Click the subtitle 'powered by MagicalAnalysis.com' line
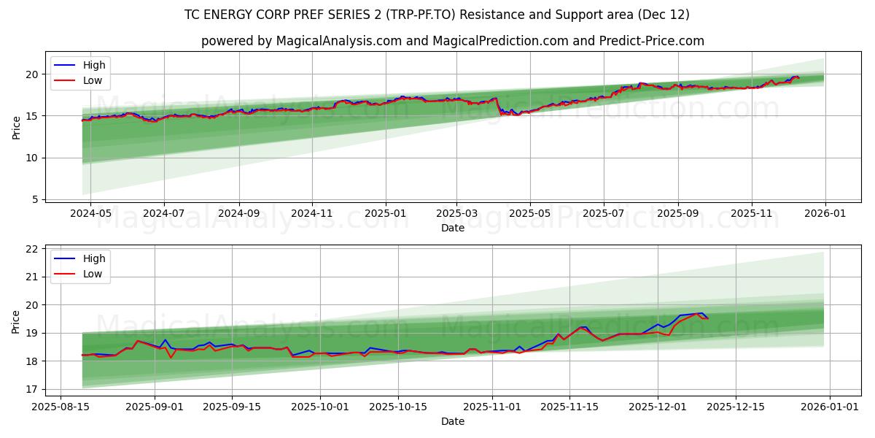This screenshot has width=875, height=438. tap(453, 41)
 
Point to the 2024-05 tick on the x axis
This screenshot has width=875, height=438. tap(90, 214)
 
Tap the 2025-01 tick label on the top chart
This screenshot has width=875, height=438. tap(385, 214)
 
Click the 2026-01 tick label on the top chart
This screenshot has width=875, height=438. tap(825, 214)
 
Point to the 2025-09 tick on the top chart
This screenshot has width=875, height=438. tap(678, 214)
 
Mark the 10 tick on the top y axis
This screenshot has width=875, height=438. tap(31, 158)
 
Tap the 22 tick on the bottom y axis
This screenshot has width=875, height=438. tap(31, 249)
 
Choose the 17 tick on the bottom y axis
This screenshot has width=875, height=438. tap(31, 389)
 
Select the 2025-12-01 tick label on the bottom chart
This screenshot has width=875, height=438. tap(658, 407)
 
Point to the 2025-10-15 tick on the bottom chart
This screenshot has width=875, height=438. tap(397, 407)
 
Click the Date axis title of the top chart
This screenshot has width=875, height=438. tap(453, 228)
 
